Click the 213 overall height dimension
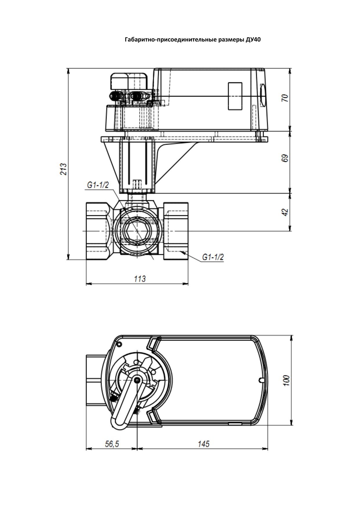click(64, 169)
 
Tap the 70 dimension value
click(285, 98)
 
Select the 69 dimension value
click(285, 158)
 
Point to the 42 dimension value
click(285, 212)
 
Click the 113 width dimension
click(140, 279)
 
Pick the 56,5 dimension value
click(112, 444)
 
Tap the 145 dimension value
click(203, 444)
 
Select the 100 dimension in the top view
click(286, 380)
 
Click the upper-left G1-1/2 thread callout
click(98, 185)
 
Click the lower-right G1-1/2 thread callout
click(213, 257)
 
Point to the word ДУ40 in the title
click(253, 40)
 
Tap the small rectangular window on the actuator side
click(235, 96)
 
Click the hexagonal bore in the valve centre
click(136, 231)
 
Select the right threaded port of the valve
click(176, 231)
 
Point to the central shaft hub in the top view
click(138, 380)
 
